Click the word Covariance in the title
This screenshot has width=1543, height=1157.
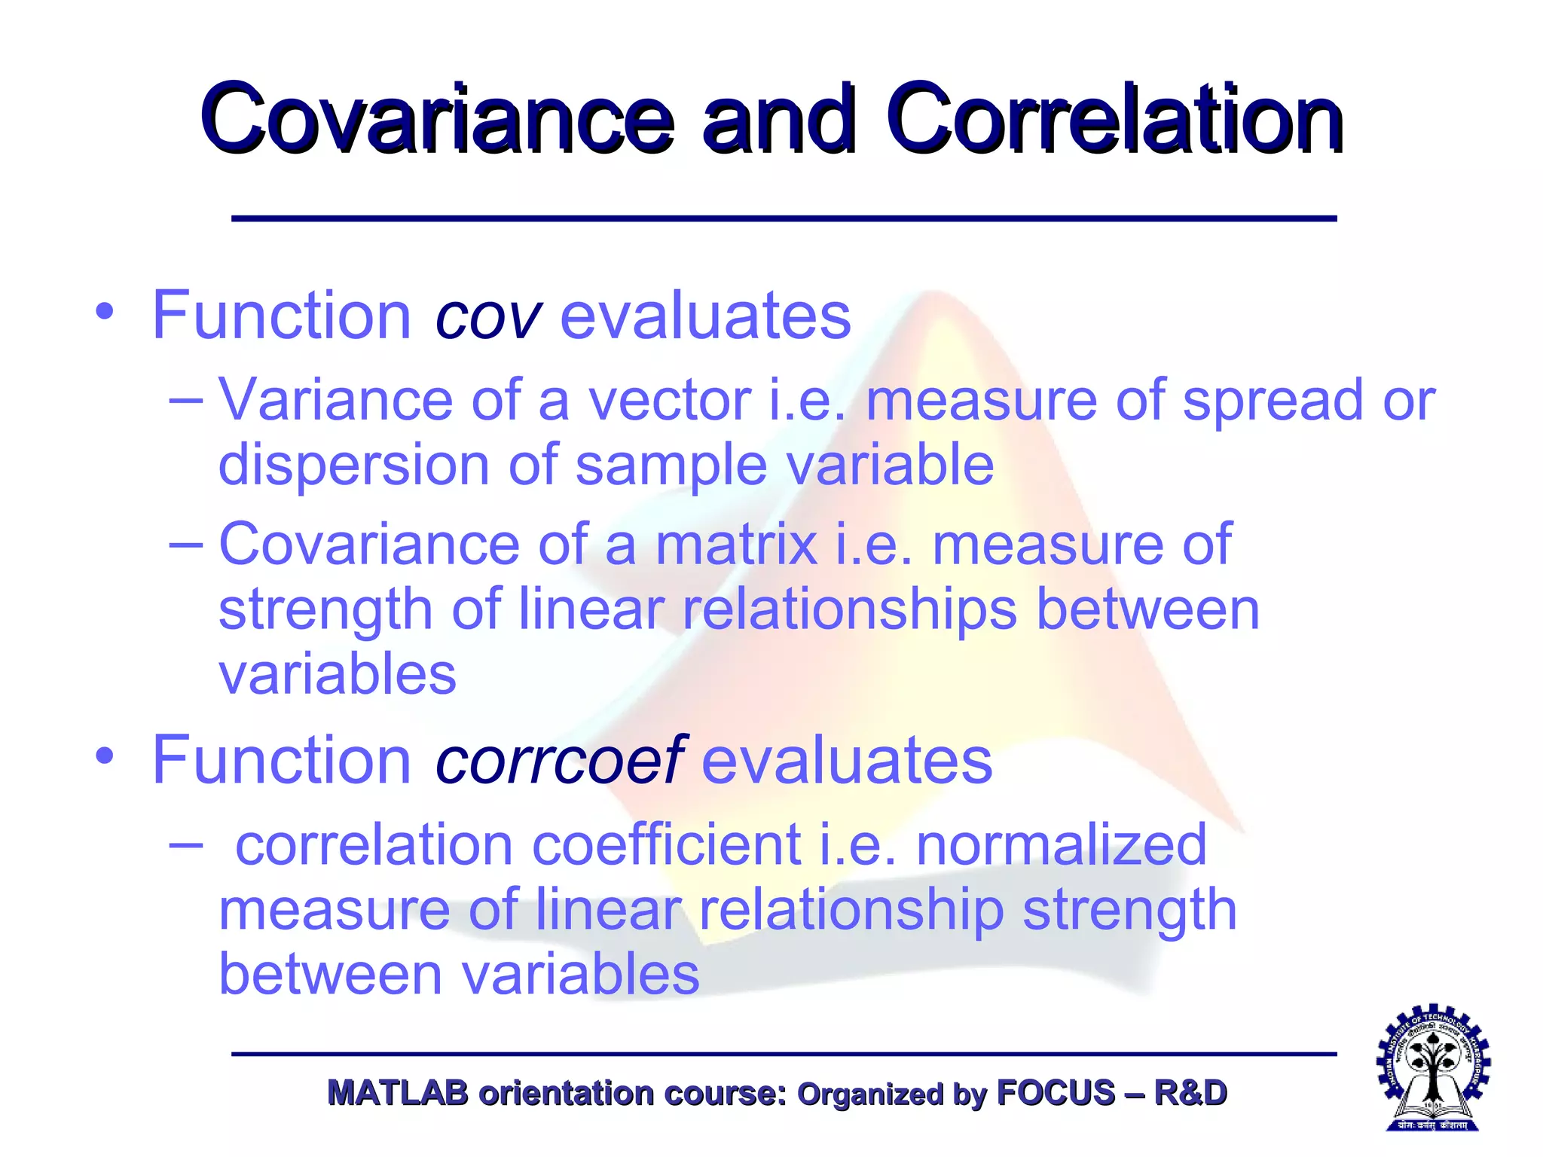tap(437, 119)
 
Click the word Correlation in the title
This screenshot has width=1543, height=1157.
tap(1114, 119)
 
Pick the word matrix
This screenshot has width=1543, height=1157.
tap(735, 544)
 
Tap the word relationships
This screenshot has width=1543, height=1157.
tap(849, 610)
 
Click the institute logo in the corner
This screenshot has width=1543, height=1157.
tap(1433, 1068)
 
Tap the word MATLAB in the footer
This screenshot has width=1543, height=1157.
tap(398, 1093)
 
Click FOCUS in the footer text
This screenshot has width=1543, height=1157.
tap(1055, 1093)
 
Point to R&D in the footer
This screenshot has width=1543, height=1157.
tap(1190, 1093)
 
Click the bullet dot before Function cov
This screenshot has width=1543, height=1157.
tap(105, 311)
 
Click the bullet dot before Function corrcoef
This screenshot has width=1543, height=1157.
tap(105, 755)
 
